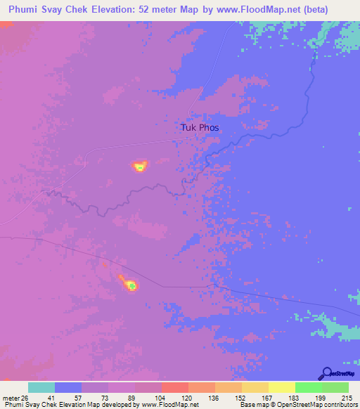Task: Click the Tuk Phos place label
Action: (200, 128)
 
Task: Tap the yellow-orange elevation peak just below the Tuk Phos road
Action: (140, 166)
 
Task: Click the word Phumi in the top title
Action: (24, 9)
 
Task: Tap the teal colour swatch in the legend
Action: (41, 387)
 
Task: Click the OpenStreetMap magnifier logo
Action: (326, 373)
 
